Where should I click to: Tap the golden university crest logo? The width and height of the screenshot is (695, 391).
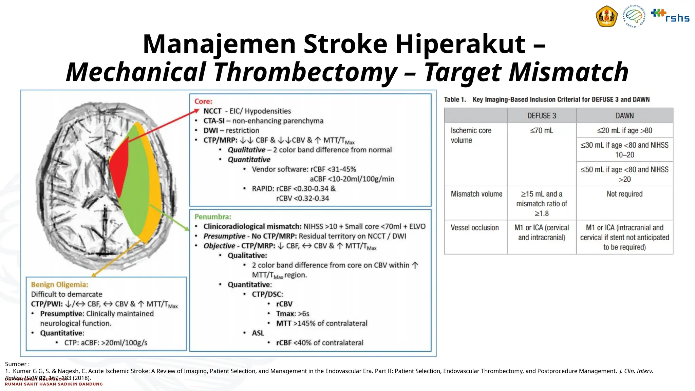(606, 17)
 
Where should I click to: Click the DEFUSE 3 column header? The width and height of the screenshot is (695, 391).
(542, 116)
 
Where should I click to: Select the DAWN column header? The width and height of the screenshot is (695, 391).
(624, 116)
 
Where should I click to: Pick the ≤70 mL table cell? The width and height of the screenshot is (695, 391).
(542, 130)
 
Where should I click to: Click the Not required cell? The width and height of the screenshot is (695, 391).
(624, 194)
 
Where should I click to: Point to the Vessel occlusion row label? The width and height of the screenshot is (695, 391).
(474, 228)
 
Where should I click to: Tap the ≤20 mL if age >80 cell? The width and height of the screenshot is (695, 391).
(624, 130)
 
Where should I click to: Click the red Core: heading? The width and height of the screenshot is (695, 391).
(203, 101)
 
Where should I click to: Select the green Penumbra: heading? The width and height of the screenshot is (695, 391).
(213, 217)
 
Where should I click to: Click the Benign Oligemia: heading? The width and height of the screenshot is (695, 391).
(59, 284)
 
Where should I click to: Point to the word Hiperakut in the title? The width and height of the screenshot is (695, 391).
(460, 44)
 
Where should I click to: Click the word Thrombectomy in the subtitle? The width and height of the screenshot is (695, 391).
(305, 72)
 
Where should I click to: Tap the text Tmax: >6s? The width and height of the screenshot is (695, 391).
(293, 314)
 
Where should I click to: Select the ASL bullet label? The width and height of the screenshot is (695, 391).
(258, 333)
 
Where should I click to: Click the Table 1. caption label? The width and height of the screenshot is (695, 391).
(455, 99)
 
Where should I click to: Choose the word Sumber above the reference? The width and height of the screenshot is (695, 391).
(15, 364)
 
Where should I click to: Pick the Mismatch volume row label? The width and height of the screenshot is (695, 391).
(476, 194)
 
